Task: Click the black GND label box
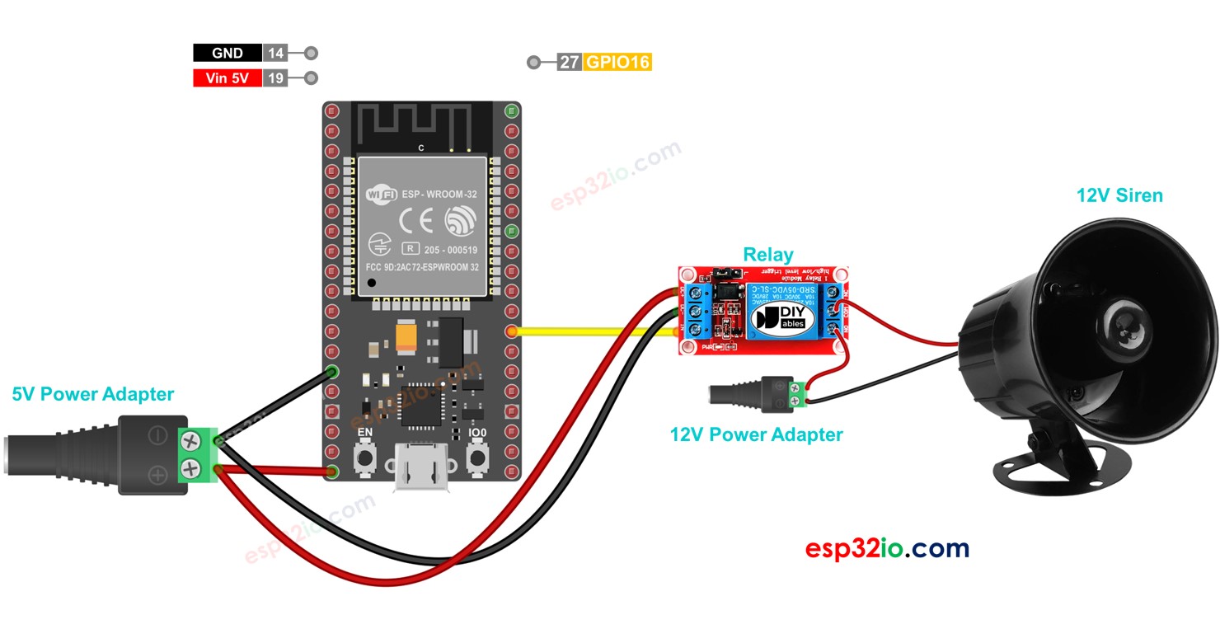tap(228, 54)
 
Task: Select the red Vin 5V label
tap(228, 79)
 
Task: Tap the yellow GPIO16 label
tap(617, 62)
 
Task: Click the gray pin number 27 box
tap(570, 62)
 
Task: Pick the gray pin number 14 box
tap(275, 54)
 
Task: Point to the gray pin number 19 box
tap(275, 79)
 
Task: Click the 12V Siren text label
tap(1119, 195)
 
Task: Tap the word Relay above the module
tap(767, 254)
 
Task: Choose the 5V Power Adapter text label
tap(92, 394)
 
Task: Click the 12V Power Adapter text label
tap(756, 434)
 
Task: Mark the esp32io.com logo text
tap(887, 548)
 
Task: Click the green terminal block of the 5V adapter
tap(196, 455)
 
